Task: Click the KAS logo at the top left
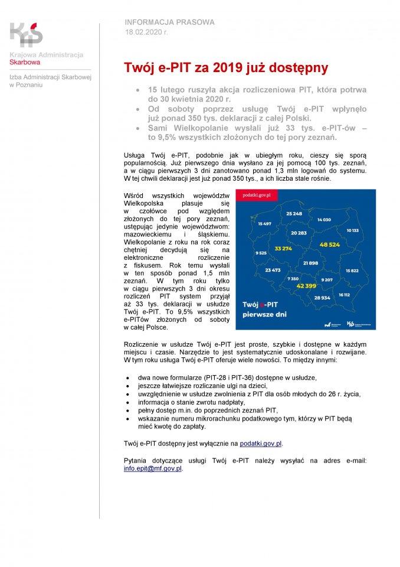[26, 34]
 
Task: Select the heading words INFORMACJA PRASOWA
[169, 22]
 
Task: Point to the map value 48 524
[330, 244]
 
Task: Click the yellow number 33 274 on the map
[283, 249]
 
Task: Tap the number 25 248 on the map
[294, 213]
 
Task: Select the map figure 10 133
[352, 230]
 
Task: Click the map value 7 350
[293, 278]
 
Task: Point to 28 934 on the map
[322, 298]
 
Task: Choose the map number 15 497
[264, 224]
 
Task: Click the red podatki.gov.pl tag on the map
[257, 195]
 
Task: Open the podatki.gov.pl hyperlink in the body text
[261, 443]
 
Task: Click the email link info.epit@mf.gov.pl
[152, 468]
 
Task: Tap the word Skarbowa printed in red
[25, 61]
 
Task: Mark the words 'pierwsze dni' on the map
[264, 314]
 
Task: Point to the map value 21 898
[310, 263]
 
